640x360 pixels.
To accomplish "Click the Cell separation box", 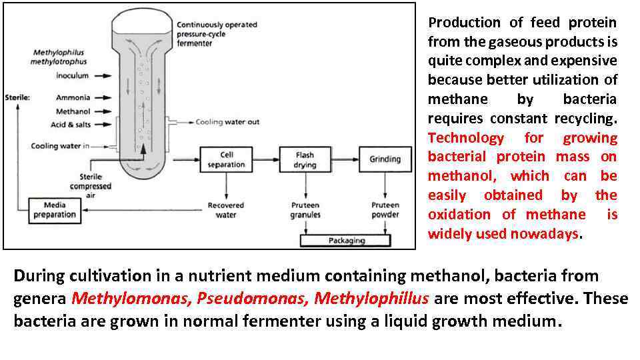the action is (226, 159).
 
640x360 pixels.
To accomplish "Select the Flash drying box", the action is (305, 159).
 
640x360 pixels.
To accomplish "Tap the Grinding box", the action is (385, 159).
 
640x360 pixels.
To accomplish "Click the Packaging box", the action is (347, 240).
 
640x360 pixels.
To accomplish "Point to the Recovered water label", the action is (226, 210).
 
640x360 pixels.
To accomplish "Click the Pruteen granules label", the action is (305, 210).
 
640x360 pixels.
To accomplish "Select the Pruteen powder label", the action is (385, 210).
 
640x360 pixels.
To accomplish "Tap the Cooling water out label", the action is (227, 122).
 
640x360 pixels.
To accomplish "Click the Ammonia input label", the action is (73, 97).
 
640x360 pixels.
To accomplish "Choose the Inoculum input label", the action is (72, 76).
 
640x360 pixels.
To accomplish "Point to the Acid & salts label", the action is (71, 125).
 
